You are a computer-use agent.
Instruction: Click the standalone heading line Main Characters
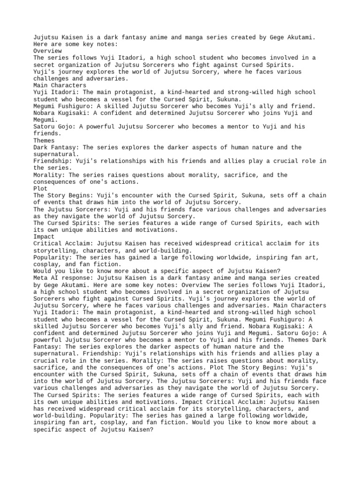point(60,86)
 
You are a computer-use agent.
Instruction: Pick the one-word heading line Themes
point(44,141)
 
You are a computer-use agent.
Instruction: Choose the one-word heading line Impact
point(44,237)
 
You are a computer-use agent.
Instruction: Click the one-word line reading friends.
point(48,134)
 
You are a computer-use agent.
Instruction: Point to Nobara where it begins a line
point(44,113)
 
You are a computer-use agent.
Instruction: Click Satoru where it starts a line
point(44,127)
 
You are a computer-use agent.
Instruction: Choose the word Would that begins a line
point(43,271)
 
